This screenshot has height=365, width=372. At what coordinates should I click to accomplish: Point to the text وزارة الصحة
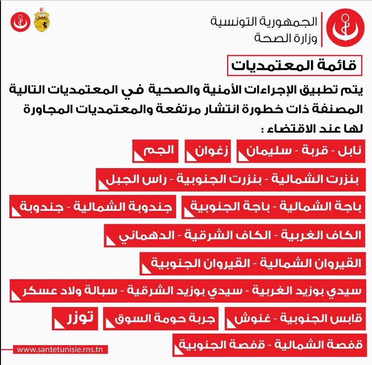coord(285,37)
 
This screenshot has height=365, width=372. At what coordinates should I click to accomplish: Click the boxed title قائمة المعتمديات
coord(295,65)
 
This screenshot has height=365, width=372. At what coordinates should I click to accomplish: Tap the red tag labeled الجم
coord(154,151)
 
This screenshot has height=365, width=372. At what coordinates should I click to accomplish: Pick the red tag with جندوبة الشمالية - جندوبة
coord(92,207)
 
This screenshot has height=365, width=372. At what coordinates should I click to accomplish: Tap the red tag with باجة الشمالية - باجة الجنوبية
coord(273,207)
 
